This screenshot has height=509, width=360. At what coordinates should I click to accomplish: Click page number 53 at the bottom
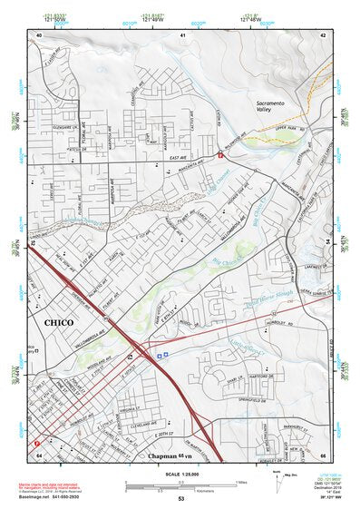[x=181, y=499]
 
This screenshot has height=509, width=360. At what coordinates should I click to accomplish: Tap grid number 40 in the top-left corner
[x=39, y=34]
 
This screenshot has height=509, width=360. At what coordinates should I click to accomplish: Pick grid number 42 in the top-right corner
[x=323, y=34]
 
